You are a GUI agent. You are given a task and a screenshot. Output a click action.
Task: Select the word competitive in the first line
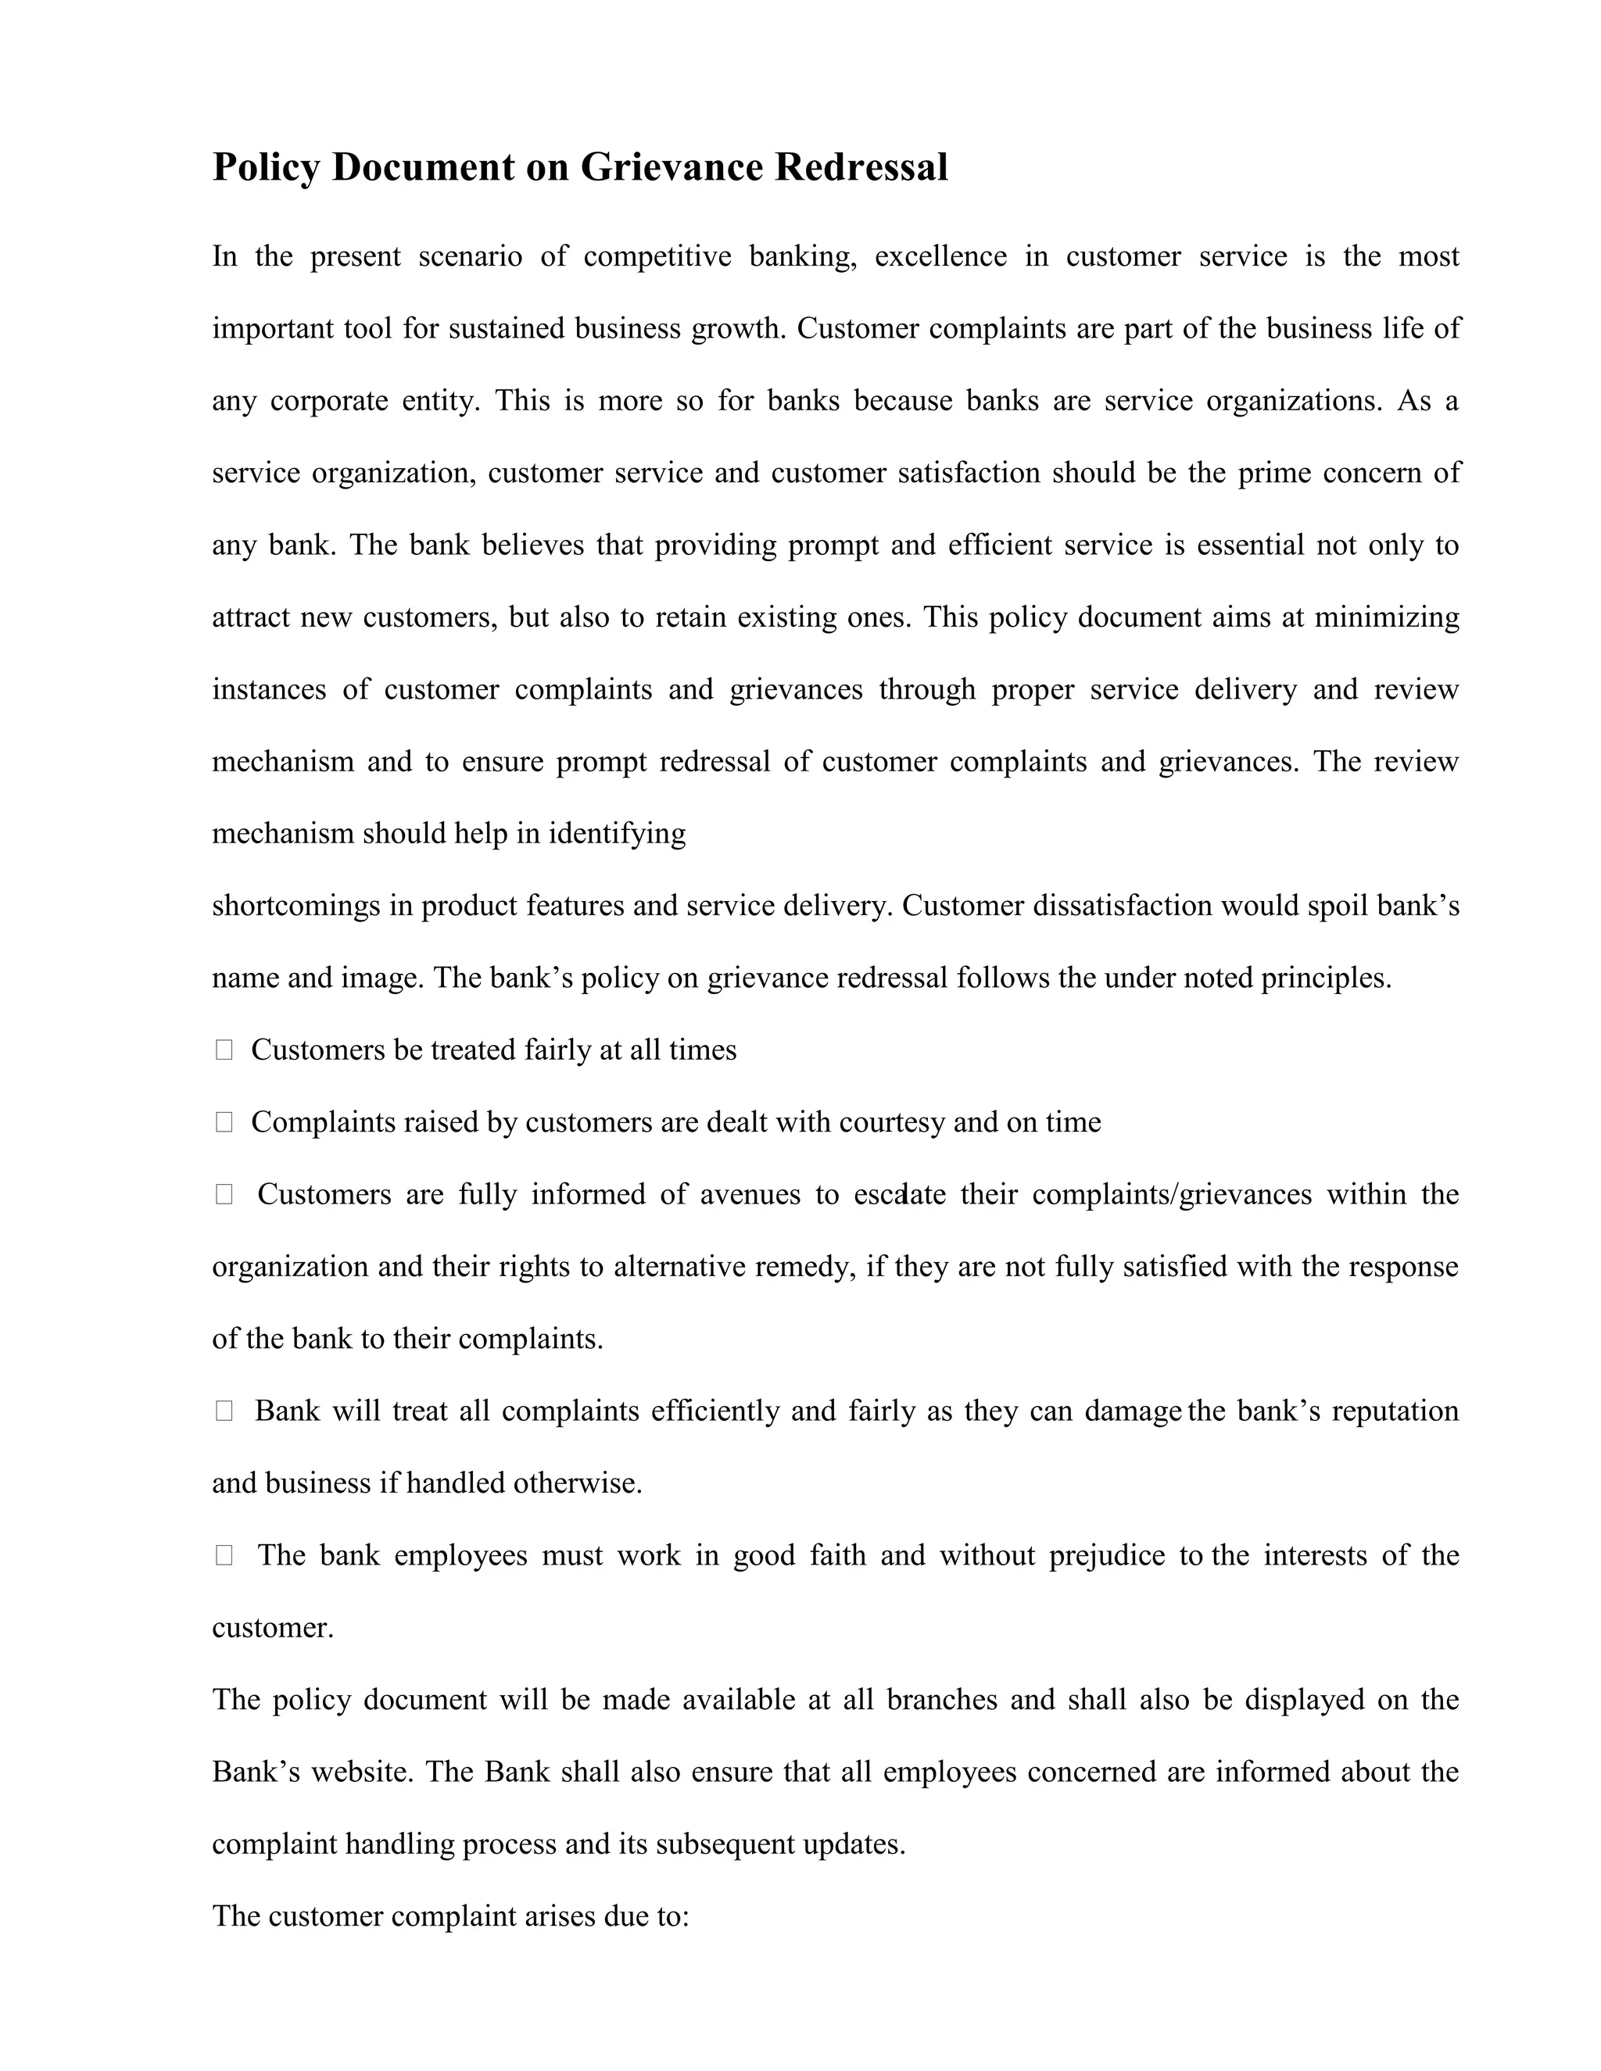657,257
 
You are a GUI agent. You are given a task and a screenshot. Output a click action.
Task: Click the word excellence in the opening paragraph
940,257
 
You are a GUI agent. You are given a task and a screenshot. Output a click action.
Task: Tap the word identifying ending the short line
617,834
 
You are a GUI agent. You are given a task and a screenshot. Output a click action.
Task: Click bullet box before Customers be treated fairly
224,1050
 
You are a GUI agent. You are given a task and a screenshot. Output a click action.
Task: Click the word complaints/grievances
1171,1194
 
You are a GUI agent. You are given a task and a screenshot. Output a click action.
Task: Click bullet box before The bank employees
224,1555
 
